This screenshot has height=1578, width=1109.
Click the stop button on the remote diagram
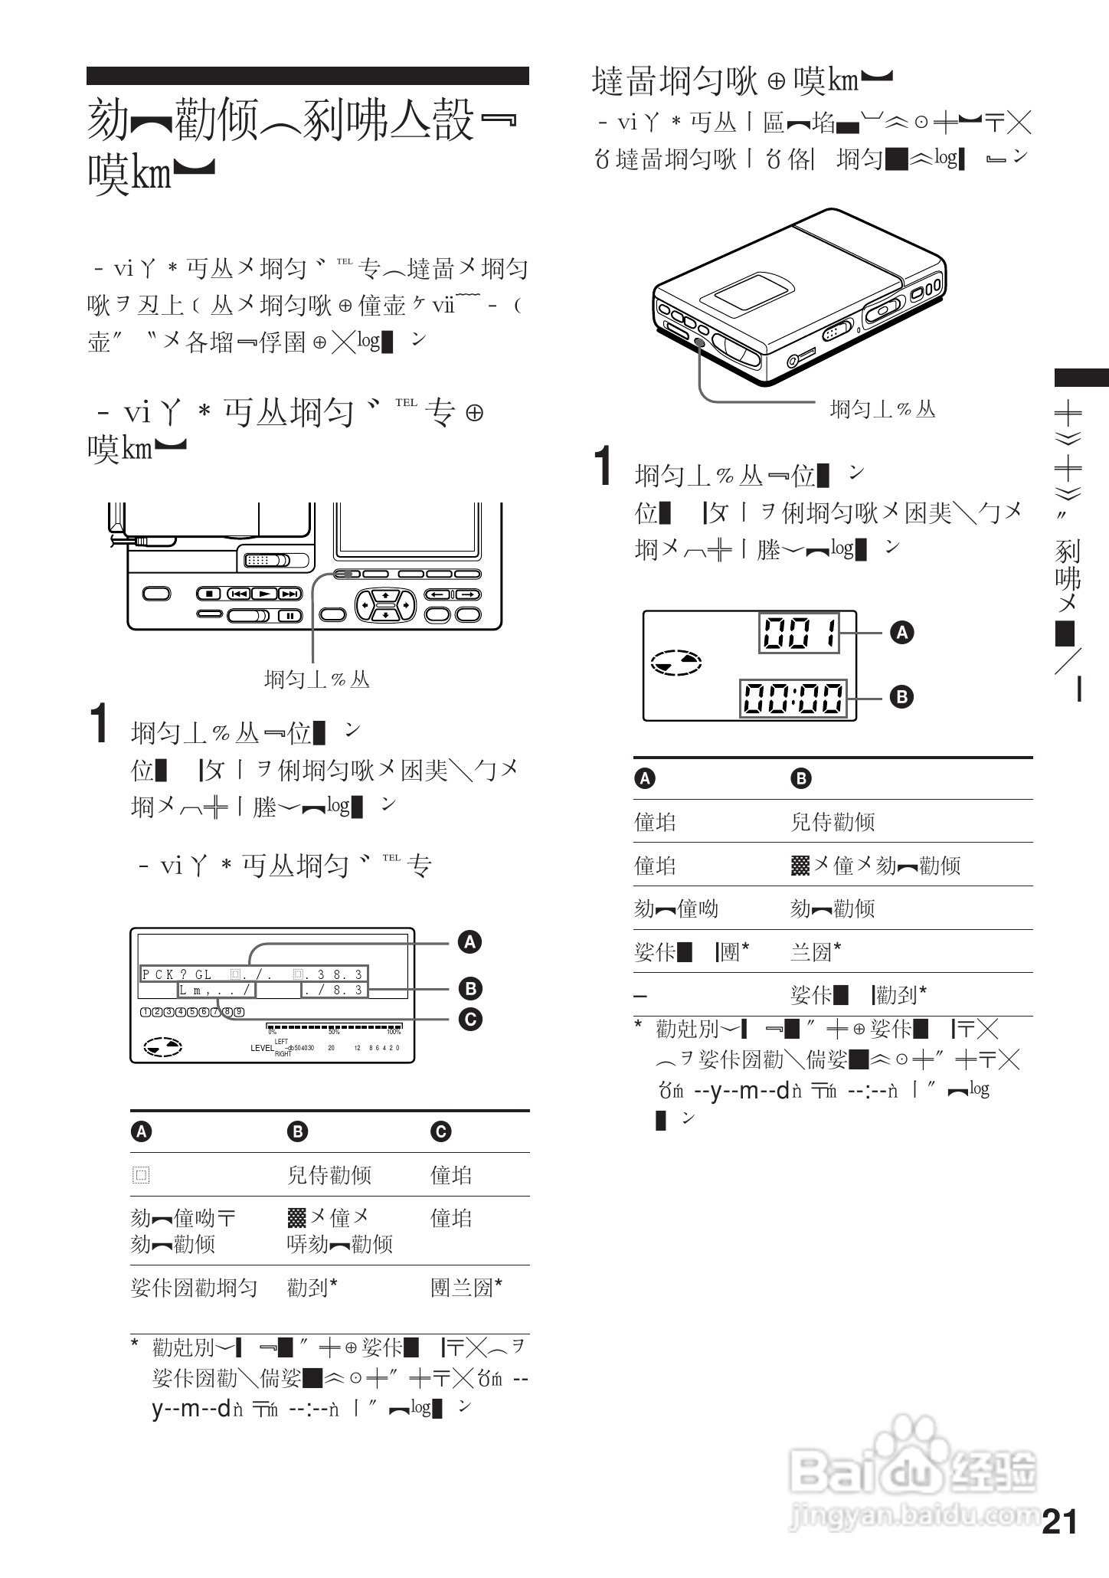tap(209, 594)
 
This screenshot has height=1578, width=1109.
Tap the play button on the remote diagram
tap(264, 594)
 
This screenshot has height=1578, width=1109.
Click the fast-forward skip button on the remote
tap(289, 594)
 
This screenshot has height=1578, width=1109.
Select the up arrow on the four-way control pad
tap(385, 595)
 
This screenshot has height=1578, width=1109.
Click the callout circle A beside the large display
tap(469, 941)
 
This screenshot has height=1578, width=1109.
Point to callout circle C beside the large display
tap(469, 1019)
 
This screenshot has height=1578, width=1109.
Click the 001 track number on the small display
tap(799, 633)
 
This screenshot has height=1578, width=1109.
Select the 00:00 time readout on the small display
tap(793, 698)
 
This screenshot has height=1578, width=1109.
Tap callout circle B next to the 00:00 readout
tap(901, 697)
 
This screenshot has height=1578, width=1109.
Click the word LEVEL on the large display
tap(261, 1048)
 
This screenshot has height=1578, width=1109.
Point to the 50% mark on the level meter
tap(333, 1032)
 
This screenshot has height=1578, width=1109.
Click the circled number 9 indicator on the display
tap(239, 1011)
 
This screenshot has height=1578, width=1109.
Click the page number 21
tap(1059, 1521)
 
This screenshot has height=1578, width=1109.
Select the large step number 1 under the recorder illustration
tap(605, 467)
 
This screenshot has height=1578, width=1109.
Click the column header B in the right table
tap(800, 779)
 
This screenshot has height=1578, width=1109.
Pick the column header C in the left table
tap(440, 1131)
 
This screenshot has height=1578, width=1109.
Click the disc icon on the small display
tap(676, 663)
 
